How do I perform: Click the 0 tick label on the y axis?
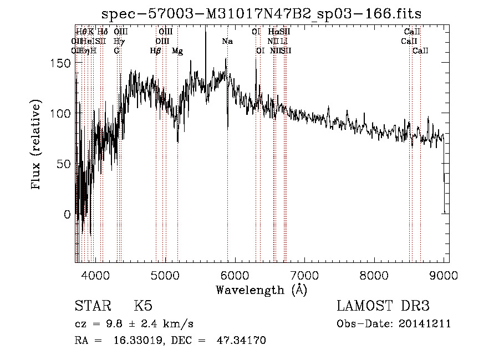click(x=67, y=214)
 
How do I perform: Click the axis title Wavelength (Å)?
click(x=261, y=290)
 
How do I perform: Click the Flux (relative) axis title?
click(x=37, y=146)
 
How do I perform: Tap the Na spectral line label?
click(x=227, y=41)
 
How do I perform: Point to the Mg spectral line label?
click(x=177, y=51)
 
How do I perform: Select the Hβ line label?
click(x=156, y=51)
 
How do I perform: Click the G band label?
click(x=116, y=51)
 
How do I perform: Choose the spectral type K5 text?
click(x=143, y=307)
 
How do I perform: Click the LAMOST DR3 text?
click(x=383, y=307)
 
